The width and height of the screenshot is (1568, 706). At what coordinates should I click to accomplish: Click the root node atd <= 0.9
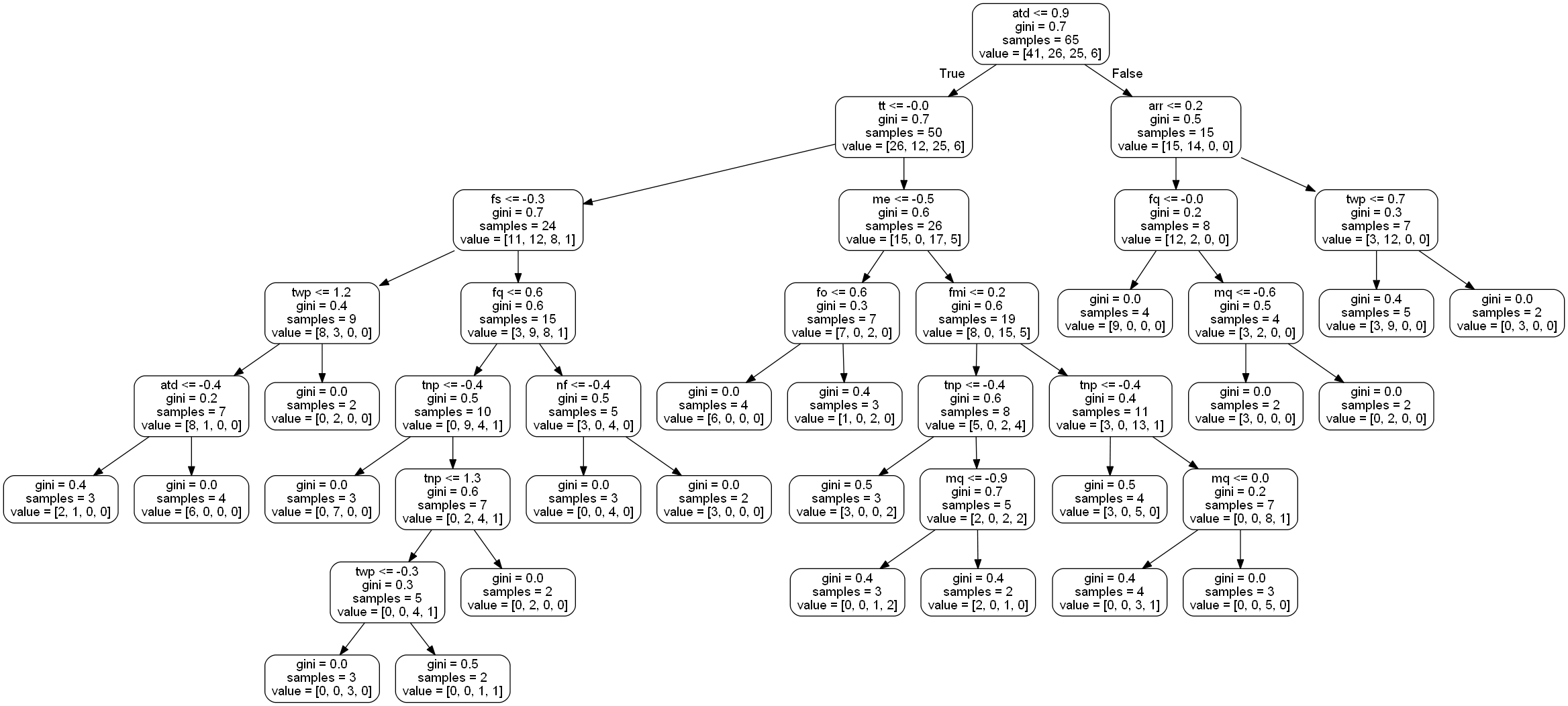1040,34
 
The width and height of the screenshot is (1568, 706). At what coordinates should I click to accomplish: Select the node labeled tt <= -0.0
903,127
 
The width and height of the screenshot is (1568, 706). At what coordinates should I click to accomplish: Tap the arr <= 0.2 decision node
1175,127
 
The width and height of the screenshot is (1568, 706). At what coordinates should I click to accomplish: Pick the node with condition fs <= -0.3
518,219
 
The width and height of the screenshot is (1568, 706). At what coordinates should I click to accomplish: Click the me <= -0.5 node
903,219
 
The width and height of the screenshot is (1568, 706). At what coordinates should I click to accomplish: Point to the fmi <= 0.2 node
977,313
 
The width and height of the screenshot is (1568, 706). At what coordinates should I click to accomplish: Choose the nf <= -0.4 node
583,405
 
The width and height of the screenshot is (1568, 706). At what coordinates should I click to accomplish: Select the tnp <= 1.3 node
452,499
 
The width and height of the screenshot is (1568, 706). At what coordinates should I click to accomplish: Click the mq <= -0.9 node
977,499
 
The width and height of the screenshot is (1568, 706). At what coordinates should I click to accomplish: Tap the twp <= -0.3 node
387,591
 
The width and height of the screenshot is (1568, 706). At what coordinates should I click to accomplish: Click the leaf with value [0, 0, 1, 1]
452,678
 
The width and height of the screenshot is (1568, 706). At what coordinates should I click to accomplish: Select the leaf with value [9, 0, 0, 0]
1115,313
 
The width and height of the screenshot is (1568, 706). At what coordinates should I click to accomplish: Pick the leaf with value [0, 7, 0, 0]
322,499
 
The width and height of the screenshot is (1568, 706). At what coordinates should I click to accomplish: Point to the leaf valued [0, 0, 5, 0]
1240,591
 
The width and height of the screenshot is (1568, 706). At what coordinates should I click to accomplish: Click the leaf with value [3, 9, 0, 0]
1376,313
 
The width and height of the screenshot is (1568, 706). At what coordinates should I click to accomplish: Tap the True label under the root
952,74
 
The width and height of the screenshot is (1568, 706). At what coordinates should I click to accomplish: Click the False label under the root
1127,74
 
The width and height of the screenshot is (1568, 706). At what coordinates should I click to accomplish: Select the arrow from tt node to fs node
712,173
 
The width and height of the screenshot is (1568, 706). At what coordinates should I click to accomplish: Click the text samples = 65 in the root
1040,40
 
